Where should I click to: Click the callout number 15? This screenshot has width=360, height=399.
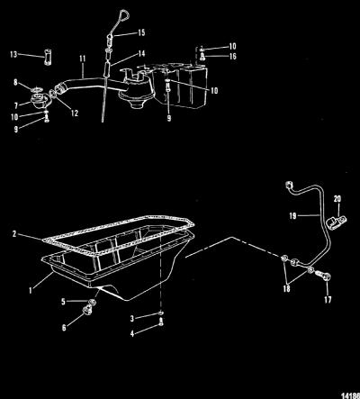tap(141, 32)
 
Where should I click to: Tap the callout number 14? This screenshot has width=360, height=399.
tap(141, 53)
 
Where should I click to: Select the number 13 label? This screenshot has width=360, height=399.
tap(13, 54)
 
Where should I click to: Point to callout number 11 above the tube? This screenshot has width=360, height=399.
tap(83, 59)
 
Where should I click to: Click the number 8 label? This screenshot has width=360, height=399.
tap(15, 82)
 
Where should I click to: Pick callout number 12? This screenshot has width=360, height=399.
tap(75, 113)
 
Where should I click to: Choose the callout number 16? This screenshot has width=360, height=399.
tap(232, 56)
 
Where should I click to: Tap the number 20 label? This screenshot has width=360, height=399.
tap(337, 199)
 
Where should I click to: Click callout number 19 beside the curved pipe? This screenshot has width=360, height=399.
tap(292, 215)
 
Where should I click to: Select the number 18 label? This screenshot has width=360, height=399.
tap(286, 288)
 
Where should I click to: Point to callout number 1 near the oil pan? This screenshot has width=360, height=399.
tap(31, 290)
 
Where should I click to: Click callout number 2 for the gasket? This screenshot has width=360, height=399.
tap(14, 233)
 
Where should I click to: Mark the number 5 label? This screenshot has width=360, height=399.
tap(63, 302)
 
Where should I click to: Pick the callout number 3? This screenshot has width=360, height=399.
tap(132, 319)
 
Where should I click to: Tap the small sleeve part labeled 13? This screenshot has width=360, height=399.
tap(48, 58)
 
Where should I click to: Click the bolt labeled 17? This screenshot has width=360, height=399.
tap(323, 275)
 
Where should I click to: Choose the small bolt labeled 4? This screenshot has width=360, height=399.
tap(161, 323)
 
